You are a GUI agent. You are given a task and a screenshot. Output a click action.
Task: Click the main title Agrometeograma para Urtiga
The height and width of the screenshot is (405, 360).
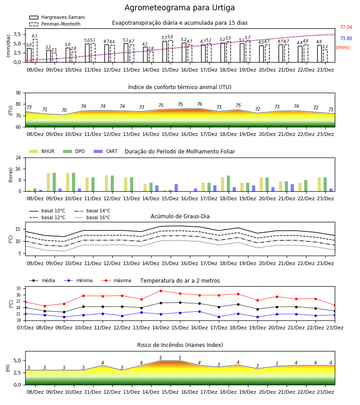click(180, 8)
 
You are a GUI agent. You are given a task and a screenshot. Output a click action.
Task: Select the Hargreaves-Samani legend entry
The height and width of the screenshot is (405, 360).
click(57, 17)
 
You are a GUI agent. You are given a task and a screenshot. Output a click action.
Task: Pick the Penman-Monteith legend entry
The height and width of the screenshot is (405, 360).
click(55, 24)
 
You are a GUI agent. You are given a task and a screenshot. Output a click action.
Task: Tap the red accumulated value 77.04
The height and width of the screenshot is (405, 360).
click(346, 27)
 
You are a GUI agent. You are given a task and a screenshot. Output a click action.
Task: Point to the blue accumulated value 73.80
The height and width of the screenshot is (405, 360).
click(346, 39)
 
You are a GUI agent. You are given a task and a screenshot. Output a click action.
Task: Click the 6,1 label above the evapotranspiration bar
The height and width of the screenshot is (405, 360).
click(35, 36)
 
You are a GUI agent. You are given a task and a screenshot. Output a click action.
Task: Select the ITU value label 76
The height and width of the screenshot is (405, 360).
click(200, 104)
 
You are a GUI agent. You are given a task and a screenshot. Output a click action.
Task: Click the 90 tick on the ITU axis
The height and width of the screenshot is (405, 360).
click(18, 93)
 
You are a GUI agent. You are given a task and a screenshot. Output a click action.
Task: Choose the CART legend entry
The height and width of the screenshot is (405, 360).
click(105, 151)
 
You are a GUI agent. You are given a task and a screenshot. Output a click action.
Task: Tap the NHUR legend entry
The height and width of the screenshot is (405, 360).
click(41, 151)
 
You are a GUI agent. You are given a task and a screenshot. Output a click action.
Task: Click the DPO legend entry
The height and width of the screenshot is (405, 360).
click(74, 151)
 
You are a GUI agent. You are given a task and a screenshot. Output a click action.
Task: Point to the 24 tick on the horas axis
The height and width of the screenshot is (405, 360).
click(18, 157)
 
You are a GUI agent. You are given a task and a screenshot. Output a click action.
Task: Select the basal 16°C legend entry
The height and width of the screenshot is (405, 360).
click(92, 217)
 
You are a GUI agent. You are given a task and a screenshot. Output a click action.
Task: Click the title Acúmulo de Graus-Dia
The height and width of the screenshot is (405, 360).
click(180, 216)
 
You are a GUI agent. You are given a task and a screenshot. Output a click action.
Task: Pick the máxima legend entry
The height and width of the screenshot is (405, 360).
click(116, 280)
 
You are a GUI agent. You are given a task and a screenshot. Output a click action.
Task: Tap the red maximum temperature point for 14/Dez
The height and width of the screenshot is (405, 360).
click(161, 291)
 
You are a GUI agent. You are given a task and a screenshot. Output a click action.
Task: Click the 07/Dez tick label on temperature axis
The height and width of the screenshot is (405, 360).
click(25, 328)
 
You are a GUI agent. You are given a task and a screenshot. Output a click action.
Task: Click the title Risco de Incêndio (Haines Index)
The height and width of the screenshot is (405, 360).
click(180, 345)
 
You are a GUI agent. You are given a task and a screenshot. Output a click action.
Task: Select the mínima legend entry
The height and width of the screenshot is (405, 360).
click(78, 280)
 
